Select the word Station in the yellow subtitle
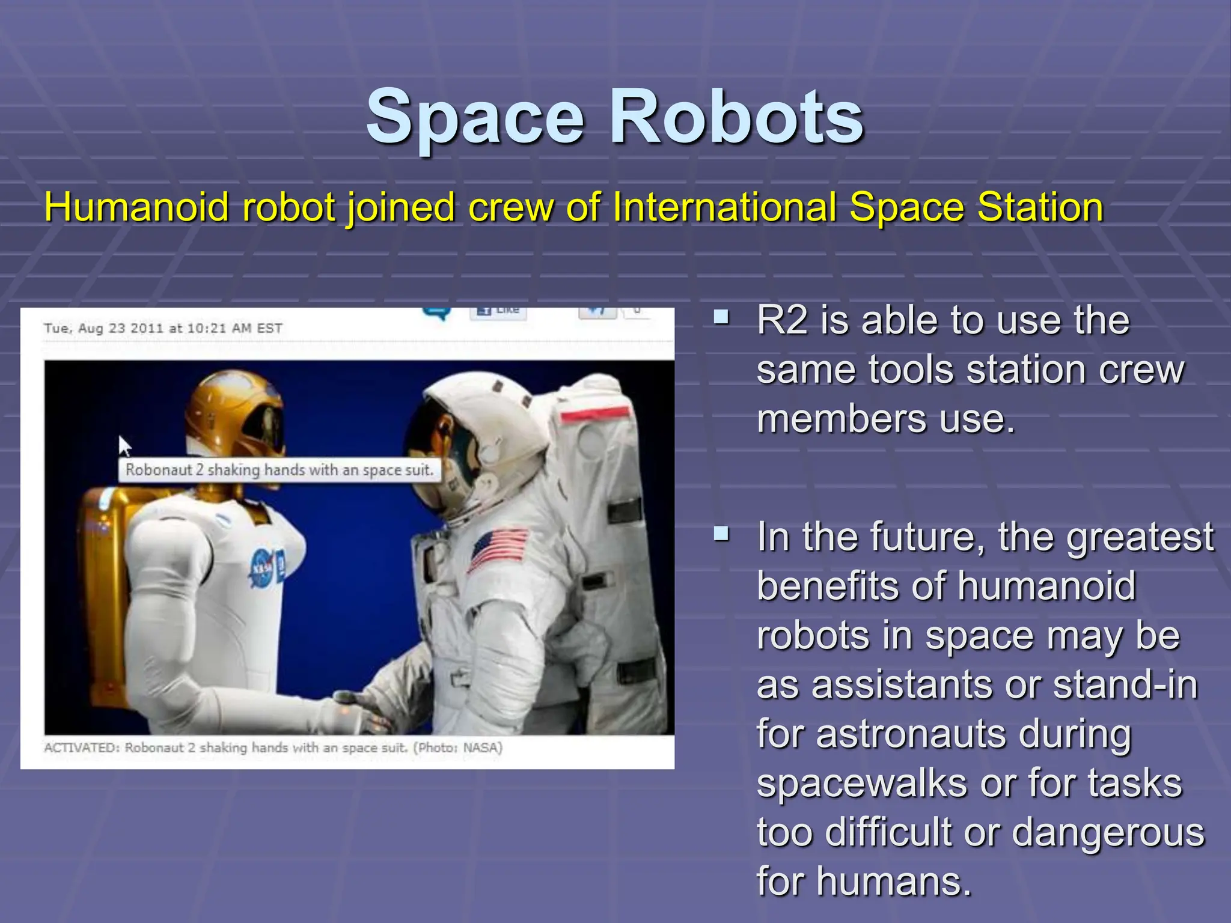click(x=1040, y=207)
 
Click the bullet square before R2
click(x=721, y=317)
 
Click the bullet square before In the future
click(x=721, y=533)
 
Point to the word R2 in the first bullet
click(x=782, y=320)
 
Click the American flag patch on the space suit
click(x=498, y=548)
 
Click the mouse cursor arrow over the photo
click(x=124, y=445)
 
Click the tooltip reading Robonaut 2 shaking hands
click(x=279, y=470)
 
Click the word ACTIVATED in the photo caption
click(x=82, y=748)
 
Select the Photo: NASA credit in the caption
click(x=458, y=748)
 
